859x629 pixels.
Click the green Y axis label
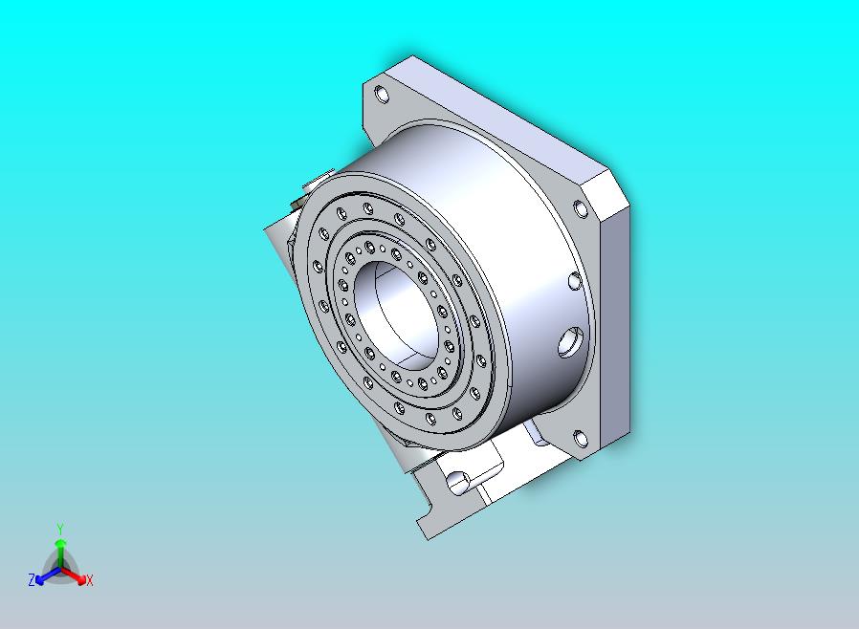click(60, 529)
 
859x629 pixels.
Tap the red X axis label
click(90, 580)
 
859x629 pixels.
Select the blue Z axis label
click(32, 579)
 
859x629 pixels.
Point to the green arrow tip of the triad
click(60, 543)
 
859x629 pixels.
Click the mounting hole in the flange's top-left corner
click(383, 95)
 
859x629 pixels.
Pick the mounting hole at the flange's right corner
click(580, 208)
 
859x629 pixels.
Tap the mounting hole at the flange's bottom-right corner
click(580, 439)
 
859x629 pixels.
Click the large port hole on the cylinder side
click(571, 341)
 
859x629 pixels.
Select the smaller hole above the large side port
click(574, 281)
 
